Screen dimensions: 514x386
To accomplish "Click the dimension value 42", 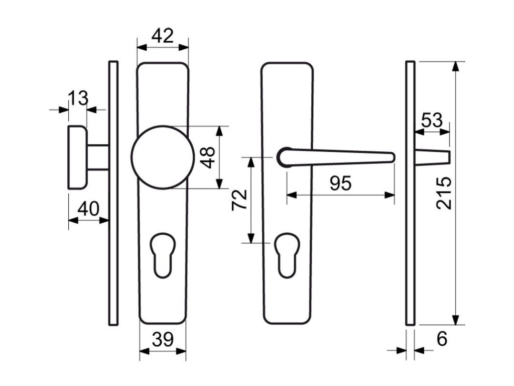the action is (x=162, y=36).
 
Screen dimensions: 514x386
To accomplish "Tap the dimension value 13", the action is (x=78, y=98).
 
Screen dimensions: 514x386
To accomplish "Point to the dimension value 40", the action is (x=88, y=209).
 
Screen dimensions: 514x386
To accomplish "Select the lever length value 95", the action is (x=340, y=184).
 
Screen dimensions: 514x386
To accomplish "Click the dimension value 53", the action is (x=432, y=121).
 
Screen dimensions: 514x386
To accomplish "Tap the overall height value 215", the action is (x=444, y=192).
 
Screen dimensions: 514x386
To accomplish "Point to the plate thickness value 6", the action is (x=442, y=339).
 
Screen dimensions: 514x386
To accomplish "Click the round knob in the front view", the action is (x=163, y=156).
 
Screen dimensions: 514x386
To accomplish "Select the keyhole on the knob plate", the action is (x=163, y=254).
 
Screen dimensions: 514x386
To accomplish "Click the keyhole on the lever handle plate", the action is (x=287, y=254).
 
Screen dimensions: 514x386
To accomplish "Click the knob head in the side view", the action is (x=77, y=157).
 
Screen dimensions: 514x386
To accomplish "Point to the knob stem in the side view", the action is (x=98, y=157).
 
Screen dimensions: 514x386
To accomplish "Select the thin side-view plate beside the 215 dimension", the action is (x=410, y=194).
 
